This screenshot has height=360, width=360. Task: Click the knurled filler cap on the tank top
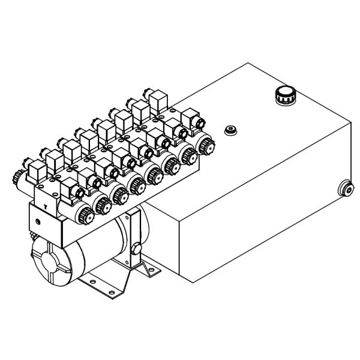[283, 95]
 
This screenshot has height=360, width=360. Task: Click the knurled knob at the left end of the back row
[17, 178]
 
